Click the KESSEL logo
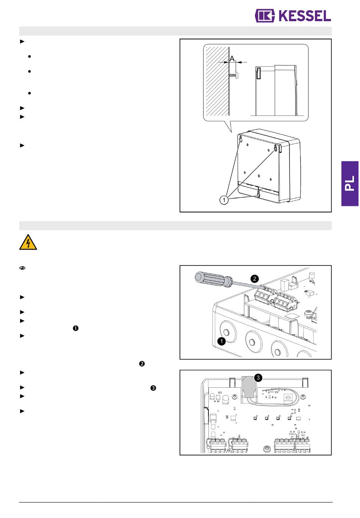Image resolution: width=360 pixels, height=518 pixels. [293, 16]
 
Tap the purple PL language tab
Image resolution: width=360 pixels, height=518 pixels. [350, 184]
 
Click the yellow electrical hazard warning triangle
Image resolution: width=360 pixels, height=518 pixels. [28, 242]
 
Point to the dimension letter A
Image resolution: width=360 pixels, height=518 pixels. [232, 59]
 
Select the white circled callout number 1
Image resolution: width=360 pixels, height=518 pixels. [224, 200]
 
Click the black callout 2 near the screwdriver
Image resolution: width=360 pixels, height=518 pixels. [255, 279]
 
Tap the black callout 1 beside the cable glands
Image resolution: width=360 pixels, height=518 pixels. [221, 341]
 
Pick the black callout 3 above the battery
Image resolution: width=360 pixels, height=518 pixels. [258, 378]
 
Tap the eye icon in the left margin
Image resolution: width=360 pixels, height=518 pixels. [22, 268]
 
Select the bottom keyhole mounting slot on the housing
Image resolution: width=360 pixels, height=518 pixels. [258, 194]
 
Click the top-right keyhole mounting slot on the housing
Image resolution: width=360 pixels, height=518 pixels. [276, 148]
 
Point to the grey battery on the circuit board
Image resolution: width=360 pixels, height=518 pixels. [249, 386]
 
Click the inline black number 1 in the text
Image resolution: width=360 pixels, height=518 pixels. [75, 328]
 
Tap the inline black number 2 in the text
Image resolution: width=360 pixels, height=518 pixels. [142, 364]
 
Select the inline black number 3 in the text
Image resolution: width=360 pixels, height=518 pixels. [153, 388]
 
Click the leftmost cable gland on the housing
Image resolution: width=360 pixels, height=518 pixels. [226, 333]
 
